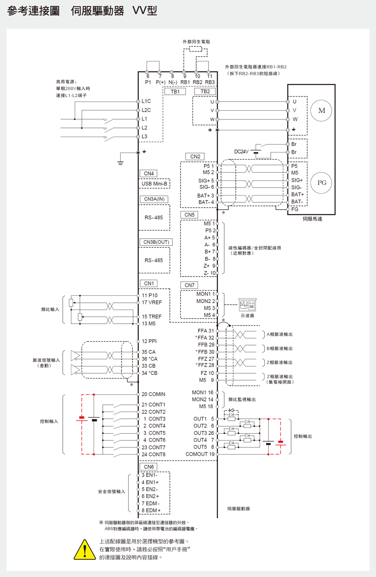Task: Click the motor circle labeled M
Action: click(x=321, y=111)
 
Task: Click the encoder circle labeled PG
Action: click(x=321, y=183)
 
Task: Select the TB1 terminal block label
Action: click(x=175, y=92)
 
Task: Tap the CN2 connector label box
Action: click(x=195, y=157)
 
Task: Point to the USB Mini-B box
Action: click(x=154, y=184)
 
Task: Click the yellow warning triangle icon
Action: click(x=85, y=549)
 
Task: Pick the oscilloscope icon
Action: click(x=247, y=305)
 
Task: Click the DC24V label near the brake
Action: click(x=241, y=152)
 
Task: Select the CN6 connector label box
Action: click(x=149, y=467)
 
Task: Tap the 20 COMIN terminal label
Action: click(x=153, y=394)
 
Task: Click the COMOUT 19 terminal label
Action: click(x=200, y=454)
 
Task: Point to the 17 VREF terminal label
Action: click(x=152, y=302)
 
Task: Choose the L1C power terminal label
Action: click(x=146, y=101)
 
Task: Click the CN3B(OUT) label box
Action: click(x=156, y=242)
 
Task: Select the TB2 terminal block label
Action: click(x=205, y=92)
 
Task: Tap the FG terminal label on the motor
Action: click(x=295, y=209)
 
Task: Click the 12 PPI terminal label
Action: click(x=149, y=341)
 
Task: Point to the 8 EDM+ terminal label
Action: click(x=151, y=511)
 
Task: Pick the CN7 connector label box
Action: click(x=190, y=285)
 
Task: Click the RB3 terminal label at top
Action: click(x=210, y=82)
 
